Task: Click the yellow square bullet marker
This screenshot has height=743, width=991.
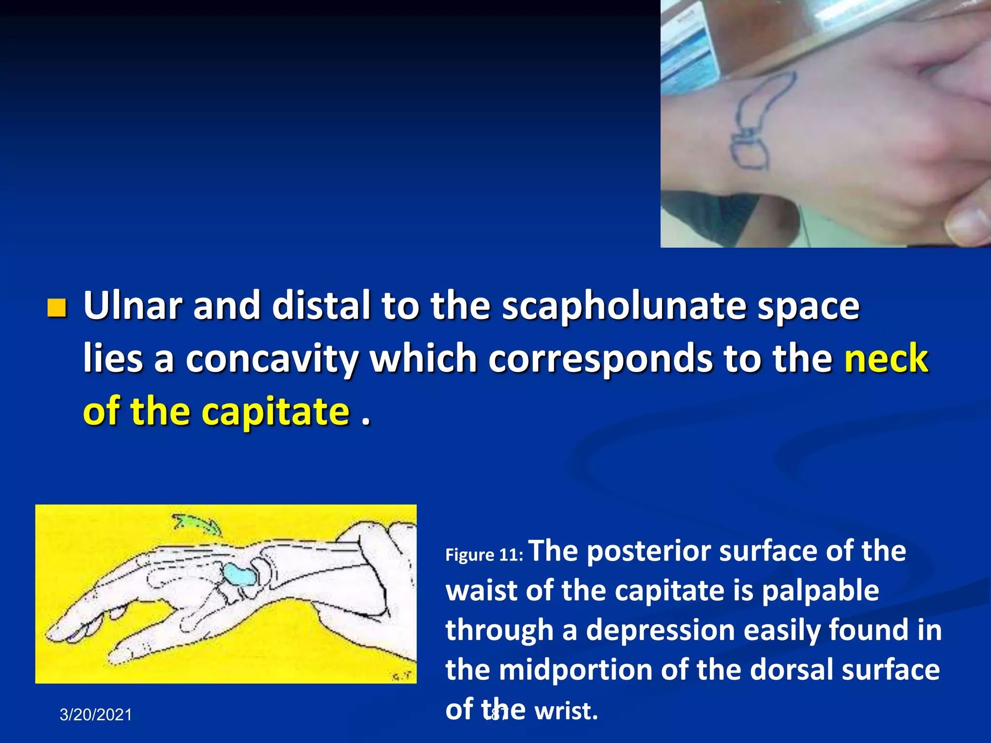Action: pyautogui.click(x=57, y=308)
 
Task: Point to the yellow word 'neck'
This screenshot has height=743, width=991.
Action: pyautogui.click(x=886, y=359)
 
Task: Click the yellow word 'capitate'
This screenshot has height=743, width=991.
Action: pyautogui.click(x=275, y=411)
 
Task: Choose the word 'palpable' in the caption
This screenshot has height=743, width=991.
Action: pyautogui.click(x=820, y=592)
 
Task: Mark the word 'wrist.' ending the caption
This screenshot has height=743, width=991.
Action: pyautogui.click(x=566, y=711)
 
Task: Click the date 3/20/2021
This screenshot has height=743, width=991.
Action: pyautogui.click(x=96, y=715)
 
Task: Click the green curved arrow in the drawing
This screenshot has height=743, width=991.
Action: pyautogui.click(x=196, y=524)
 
